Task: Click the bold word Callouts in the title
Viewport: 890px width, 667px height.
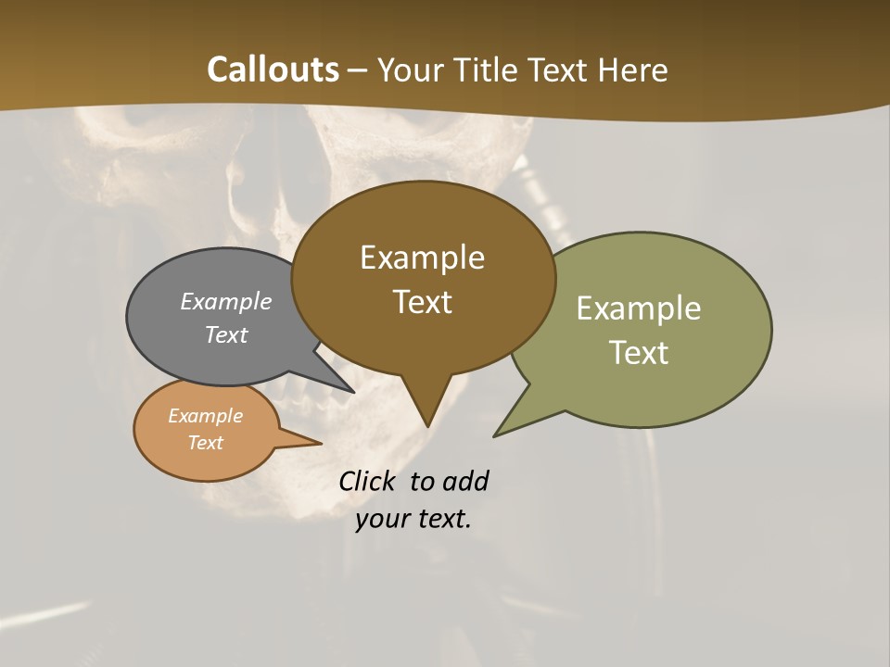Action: pos(273,69)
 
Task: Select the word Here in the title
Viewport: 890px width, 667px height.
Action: pos(633,69)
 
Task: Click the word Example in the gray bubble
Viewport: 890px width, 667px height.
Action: pos(226,301)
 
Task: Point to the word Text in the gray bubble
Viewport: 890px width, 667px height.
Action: pos(226,334)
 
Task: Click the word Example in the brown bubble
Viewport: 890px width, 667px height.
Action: pos(422,258)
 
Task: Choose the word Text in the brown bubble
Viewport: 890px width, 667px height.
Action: pos(422,302)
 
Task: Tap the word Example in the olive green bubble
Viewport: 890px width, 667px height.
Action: pos(639,308)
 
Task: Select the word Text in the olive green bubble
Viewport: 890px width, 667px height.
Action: pos(639,352)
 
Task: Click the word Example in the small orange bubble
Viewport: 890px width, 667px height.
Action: pos(205,416)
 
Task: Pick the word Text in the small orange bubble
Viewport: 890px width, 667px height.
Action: pos(205,443)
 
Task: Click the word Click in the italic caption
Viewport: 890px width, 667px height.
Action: pos(369,481)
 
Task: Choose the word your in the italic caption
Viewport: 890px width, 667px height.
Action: pos(381,519)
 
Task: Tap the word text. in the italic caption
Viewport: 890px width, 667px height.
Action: pos(440,519)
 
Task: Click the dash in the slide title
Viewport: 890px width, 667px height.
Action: pos(358,69)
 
